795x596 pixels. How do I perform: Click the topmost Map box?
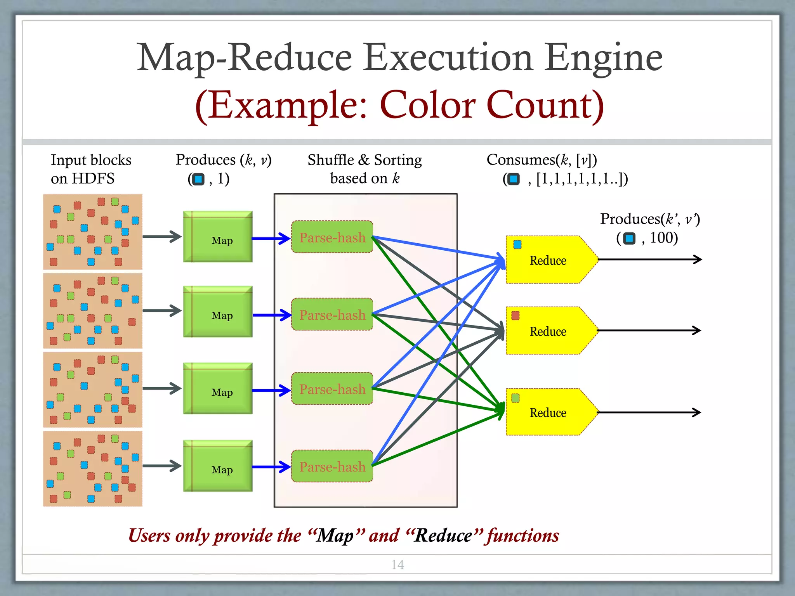[x=218, y=237]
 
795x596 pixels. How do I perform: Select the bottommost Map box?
[x=218, y=466]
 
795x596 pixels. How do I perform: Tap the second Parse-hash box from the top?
[x=332, y=315]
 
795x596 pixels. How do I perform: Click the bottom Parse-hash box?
[x=332, y=466]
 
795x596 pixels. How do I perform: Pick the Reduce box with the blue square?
[x=547, y=260]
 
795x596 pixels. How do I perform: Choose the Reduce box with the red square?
[x=547, y=331]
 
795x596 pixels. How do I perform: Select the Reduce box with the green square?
[x=547, y=412]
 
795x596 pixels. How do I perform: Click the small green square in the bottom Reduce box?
[x=516, y=398]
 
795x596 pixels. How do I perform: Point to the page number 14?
[x=397, y=565]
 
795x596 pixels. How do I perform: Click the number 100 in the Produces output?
[x=664, y=238]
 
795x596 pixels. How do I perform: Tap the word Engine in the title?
[x=604, y=58]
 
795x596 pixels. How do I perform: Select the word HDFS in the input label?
[x=93, y=178]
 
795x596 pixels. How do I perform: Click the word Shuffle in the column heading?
[x=330, y=160]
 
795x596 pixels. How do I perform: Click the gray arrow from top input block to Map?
[x=162, y=236]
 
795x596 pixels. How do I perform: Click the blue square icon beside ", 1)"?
[x=198, y=179]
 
